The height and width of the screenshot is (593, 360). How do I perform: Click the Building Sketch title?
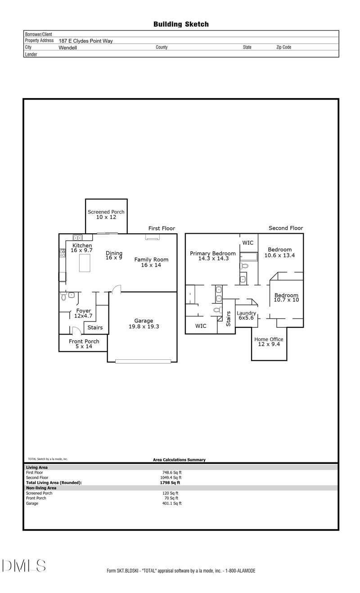[181, 24]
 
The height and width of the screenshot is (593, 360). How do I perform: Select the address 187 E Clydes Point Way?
[85, 41]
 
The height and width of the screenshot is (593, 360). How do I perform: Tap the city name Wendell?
[68, 47]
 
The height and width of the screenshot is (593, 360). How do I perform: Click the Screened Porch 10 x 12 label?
[106, 214]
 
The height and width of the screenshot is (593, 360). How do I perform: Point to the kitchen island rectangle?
[87, 263]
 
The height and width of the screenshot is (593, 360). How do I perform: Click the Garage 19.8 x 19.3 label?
[143, 324]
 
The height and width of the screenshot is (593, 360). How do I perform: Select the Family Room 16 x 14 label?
[151, 262]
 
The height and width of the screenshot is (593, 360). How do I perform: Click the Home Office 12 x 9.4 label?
[269, 342]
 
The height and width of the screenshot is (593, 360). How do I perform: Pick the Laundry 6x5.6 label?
[246, 315]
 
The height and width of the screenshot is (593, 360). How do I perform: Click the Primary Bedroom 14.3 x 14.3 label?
[213, 256]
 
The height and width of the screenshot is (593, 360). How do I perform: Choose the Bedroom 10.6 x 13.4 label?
[280, 252]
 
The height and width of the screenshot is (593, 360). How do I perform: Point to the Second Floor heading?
[286, 228]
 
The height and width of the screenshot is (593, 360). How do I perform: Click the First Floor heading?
[162, 229]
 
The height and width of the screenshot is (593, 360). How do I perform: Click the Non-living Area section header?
[41, 488]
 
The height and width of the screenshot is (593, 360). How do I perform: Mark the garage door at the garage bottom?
[143, 361]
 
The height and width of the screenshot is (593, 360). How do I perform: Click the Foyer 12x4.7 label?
[84, 313]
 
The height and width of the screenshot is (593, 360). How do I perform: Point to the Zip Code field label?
[283, 47]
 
